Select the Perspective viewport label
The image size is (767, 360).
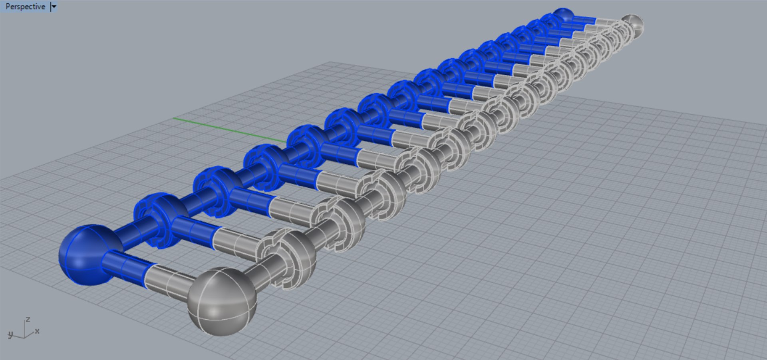click(x=25, y=6)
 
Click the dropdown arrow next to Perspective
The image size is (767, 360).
click(x=54, y=6)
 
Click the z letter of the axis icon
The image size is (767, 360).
click(x=28, y=320)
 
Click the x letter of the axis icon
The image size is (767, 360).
click(x=37, y=331)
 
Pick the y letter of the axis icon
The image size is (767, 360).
click(x=10, y=334)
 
